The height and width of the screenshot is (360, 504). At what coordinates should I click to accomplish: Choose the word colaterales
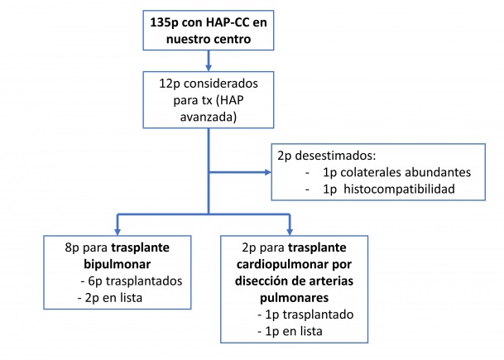[365, 172]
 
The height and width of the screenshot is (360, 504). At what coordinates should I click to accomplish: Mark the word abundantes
[437, 172]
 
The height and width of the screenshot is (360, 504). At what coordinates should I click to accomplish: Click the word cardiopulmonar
[288, 265]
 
